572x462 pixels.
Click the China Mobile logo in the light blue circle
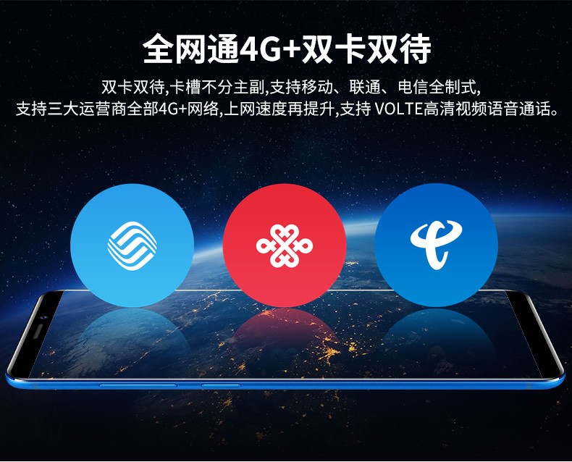[132, 245]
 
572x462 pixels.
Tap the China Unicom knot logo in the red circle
[285, 245]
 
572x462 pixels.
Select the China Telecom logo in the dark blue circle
[436, 245]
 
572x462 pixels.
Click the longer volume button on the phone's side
[138, 385]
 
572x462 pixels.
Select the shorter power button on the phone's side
[221, 385]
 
